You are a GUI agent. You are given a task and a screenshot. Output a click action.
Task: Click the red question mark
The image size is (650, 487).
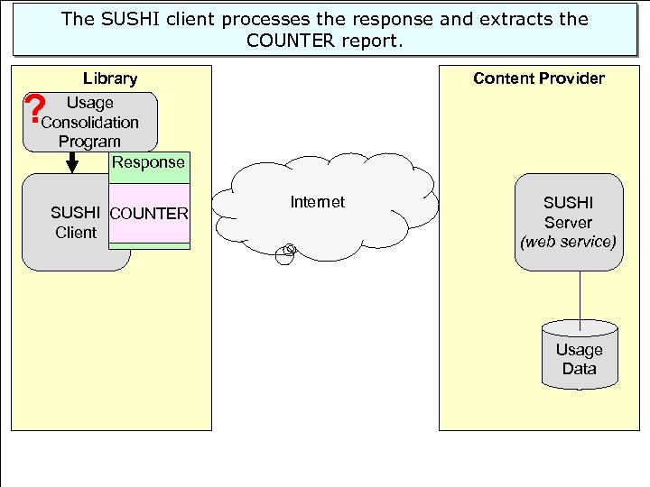(x=35, y=110)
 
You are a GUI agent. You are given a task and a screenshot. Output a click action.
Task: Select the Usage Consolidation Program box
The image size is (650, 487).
(x=90, y=122)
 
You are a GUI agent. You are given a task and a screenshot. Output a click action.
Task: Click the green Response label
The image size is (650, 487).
(x=149, y=163)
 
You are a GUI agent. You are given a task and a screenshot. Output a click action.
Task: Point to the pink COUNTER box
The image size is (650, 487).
(x=149, y=214)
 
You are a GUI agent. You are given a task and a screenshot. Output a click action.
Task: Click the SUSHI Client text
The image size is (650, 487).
(x=75, y=223)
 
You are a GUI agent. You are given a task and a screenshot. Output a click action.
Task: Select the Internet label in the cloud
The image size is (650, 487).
(x=317, y=202)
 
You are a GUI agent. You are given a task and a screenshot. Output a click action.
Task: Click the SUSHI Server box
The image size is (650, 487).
(x=568, y=222)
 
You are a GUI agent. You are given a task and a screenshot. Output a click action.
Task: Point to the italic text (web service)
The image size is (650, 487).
(x=568, y=242)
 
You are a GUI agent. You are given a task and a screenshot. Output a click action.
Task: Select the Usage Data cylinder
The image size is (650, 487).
(x=579, y=356)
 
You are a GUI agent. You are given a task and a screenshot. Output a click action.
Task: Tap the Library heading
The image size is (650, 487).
(x=110, y=78)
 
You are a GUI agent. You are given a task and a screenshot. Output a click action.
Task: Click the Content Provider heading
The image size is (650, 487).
(x=539, y=78)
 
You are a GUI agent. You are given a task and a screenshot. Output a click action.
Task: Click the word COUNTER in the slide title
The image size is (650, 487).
(x=288, y=40)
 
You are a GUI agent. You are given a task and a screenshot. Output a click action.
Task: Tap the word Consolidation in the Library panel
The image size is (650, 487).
(x=90, y=122)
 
